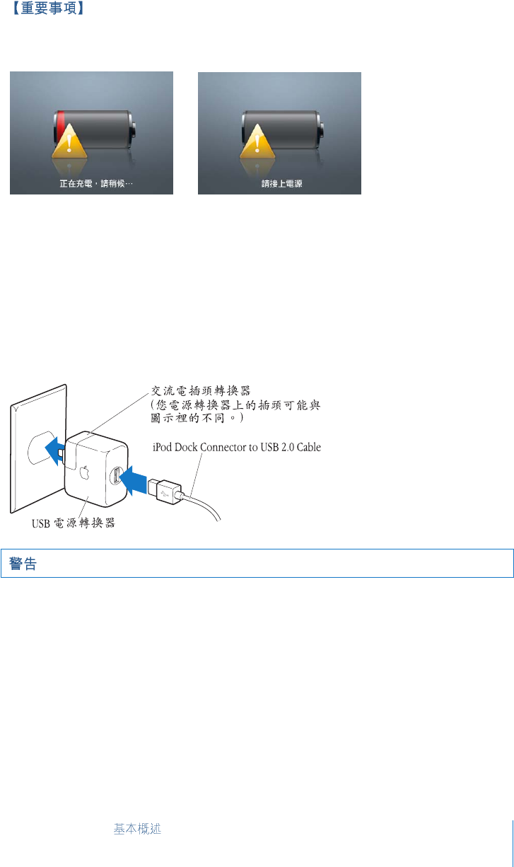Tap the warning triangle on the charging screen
tap(69, 147)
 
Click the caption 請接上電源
tap(279, 183)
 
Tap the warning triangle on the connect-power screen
tap(257, 147)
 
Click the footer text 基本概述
tap(137, 829)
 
